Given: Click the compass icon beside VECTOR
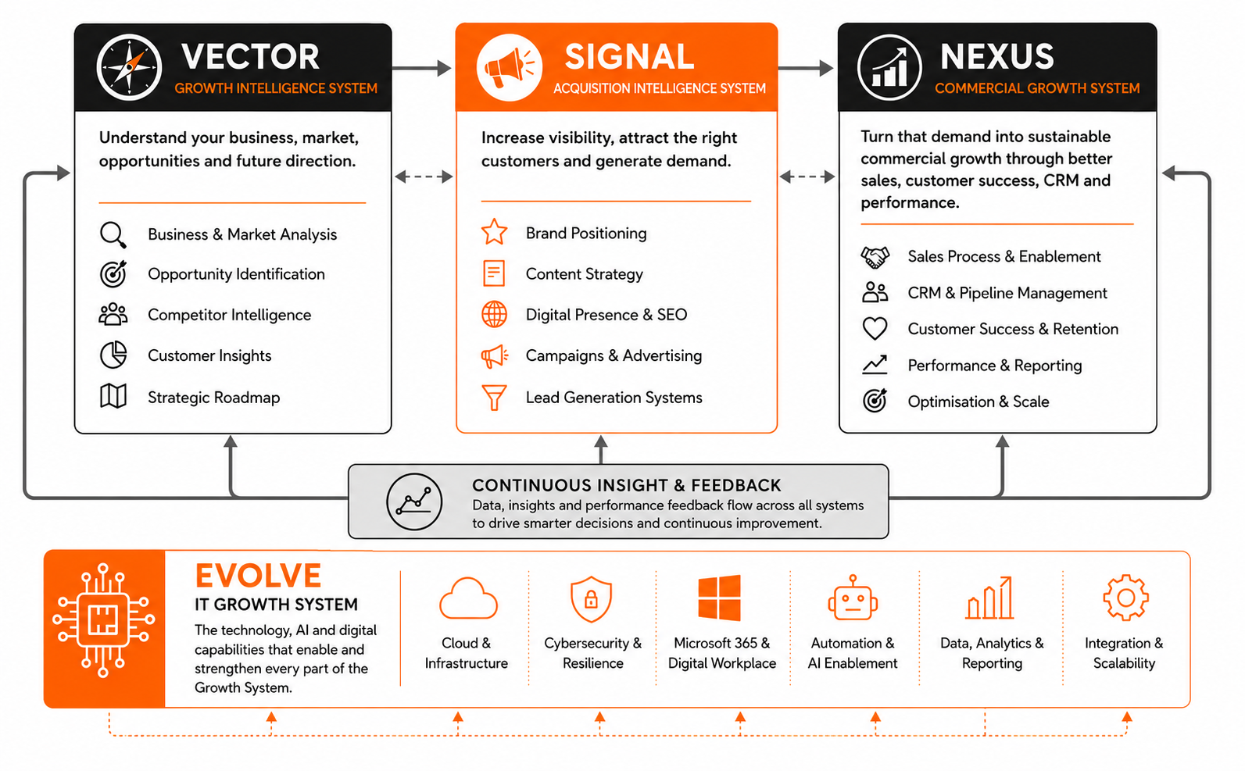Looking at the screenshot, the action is pyautogui.click(x=129, y=67).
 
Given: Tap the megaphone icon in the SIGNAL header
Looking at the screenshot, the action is pyautogui.click(x=509, y=67).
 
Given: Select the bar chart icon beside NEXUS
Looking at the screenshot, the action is pyautogui.click(x=889, y=67).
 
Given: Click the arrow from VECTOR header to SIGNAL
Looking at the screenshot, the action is pyautogui.click(x=421, y=68).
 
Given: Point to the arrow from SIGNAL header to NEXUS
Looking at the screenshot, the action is pyautogui.click(x=805, y=68).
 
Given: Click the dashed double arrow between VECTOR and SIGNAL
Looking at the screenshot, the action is pyautogui.click(x=424, y=177).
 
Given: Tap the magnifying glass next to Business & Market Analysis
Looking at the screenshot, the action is pyautogui.click(x=113, y=235).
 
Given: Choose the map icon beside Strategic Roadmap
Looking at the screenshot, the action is pyautogui.click(x=113, y=396).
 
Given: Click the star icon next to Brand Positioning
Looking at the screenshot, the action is pyautogui.click(x=494, y=232).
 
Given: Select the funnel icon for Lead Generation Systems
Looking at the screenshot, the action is pyautogui.click(x=494, y=398).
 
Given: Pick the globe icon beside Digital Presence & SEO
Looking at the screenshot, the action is pyautogui.click(x=494, y=314).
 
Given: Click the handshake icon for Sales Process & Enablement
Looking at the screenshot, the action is pyautogui.click(x=875, y=257).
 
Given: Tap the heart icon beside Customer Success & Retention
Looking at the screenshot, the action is pyautogui.click(x=875, y=328).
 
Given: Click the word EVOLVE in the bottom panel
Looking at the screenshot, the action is pyautogui.click(x=259, y=576).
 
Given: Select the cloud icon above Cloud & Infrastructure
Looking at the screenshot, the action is pyautogui.click(x=468, y=599).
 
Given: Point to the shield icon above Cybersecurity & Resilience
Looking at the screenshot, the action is pyautogui.click(x=592, y=599).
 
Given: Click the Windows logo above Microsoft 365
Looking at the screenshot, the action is pyautogui.click(x=719, y=598).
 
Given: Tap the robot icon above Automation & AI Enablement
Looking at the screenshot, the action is pyautogui.click(x=853, y=598).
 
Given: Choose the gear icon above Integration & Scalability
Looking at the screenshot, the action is pyautogui.click(x=1125, y=598).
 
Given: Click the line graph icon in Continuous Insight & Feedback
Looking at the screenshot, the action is pyautogui.click(x=415, y=502).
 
